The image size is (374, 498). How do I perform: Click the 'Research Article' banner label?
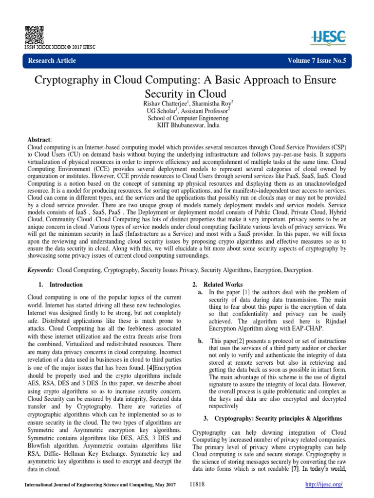click(x=53, y=60)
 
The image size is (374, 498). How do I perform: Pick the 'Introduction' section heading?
click(x=66, y=285)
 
